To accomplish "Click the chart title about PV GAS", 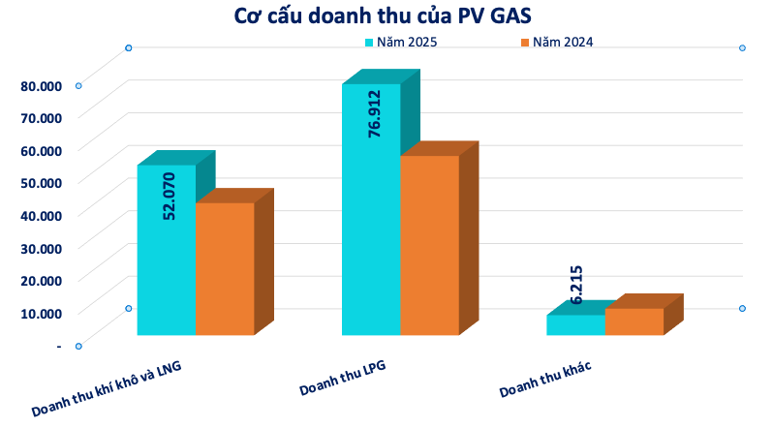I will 386,16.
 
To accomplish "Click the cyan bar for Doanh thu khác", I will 576,325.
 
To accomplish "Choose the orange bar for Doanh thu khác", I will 634,321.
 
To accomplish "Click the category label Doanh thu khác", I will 545,379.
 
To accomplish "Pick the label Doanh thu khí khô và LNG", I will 107,390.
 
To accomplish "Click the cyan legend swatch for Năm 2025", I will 369,42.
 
